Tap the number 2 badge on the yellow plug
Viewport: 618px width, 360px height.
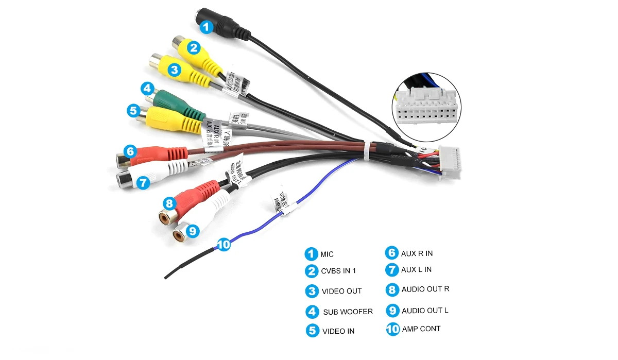[x=194, y=48]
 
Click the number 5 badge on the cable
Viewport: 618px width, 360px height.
[x=133, y=110]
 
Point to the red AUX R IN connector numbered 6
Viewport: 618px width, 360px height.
[x=154, y=153]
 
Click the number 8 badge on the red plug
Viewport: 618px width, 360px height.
[x=169, y=203]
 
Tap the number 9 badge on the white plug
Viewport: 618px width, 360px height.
[x=192, y=231]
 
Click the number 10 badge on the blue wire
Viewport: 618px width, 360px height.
[x=223, y=245]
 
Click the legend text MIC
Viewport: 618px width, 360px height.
[x=327, y=254]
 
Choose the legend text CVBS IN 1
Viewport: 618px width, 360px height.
[x=338, y=271]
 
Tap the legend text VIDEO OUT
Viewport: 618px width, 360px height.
[x=341, y=291]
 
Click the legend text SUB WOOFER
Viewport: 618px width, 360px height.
[x=348, y=312]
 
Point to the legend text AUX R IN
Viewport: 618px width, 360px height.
[x=417, y=253]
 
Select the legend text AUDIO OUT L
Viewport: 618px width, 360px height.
[x=425, y=311]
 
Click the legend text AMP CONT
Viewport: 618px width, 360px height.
[x=421, y=329]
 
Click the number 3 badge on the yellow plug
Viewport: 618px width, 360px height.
[x=175, y=69]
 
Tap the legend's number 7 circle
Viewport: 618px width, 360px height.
[x=392, y=269]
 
